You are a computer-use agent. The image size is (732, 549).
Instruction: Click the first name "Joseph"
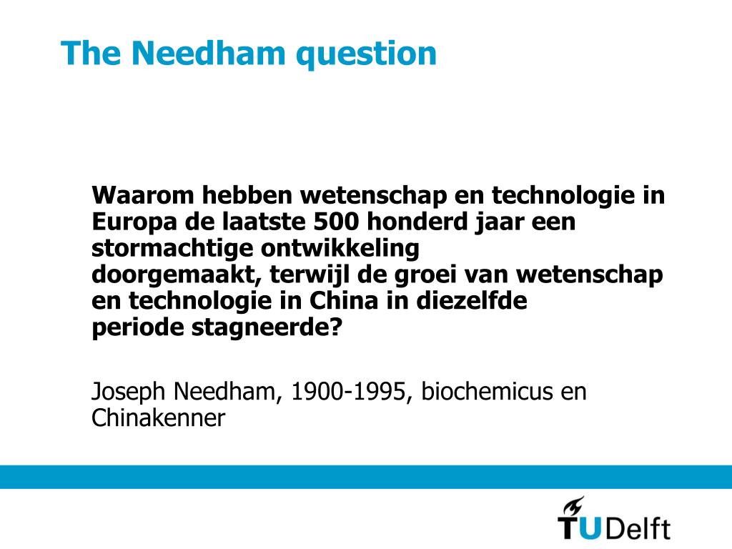tap(129, 392)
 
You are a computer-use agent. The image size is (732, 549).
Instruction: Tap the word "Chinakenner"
tap(158, 418)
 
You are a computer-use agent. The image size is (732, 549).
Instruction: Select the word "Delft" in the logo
tap(638, 529)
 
